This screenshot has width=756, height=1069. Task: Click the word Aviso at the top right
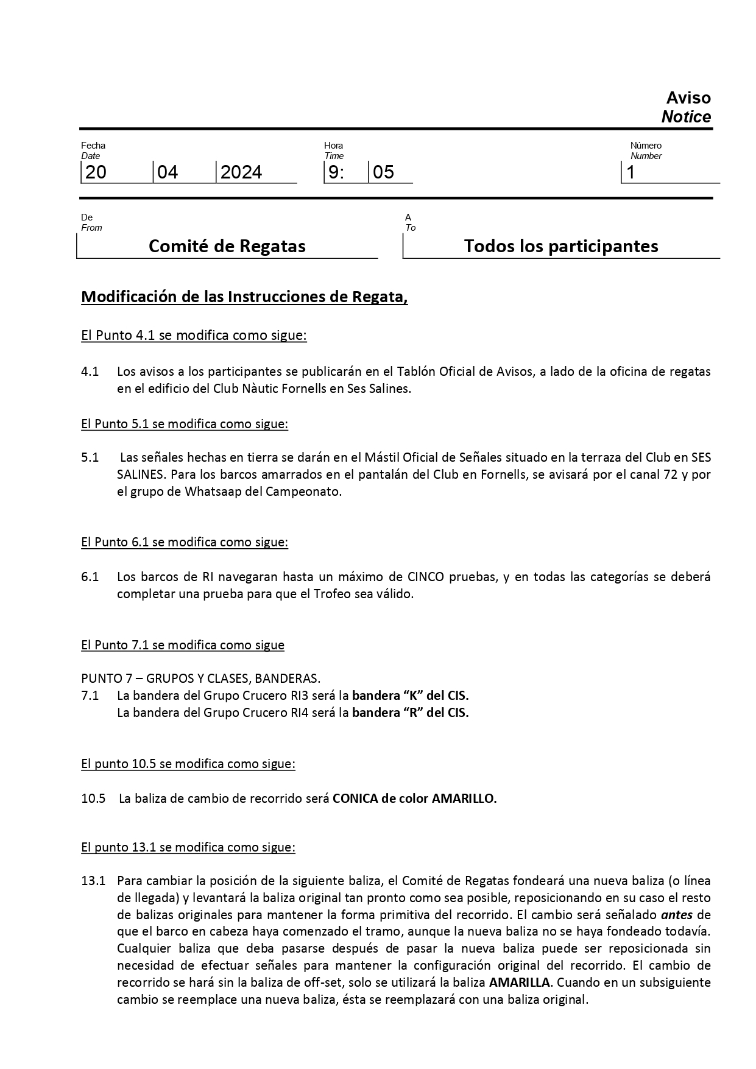pos(688,98)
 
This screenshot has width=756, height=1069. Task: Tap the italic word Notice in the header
pos(686,117)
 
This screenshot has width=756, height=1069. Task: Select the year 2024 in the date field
pos(241,172)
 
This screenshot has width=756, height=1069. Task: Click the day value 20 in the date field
pos(96,172)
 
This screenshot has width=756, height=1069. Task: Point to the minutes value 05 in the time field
pos(384,172)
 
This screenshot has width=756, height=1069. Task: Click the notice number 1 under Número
pos(631,172)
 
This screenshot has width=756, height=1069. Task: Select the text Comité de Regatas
pos(227,246)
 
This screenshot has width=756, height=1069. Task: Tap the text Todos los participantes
pos(560,246)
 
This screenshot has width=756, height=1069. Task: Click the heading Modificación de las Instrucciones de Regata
pos(244,297)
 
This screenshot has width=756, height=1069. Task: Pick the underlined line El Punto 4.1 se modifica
pos(194,335)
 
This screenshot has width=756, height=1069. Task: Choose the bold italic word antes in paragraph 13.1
pos(676,914)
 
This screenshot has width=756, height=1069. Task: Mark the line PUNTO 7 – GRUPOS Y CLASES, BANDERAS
pos(201,678)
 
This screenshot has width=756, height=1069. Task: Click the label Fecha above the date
pos(93,145)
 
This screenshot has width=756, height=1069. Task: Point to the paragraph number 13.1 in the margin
pos(93,880)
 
